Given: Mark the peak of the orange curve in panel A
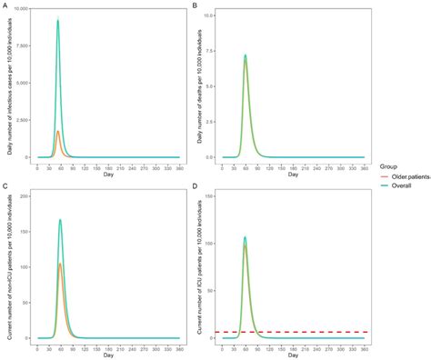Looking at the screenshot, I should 58,131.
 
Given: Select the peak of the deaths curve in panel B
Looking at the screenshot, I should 246,55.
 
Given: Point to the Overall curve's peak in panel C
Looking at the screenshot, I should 60,219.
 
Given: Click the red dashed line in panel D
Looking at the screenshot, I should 300,332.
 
